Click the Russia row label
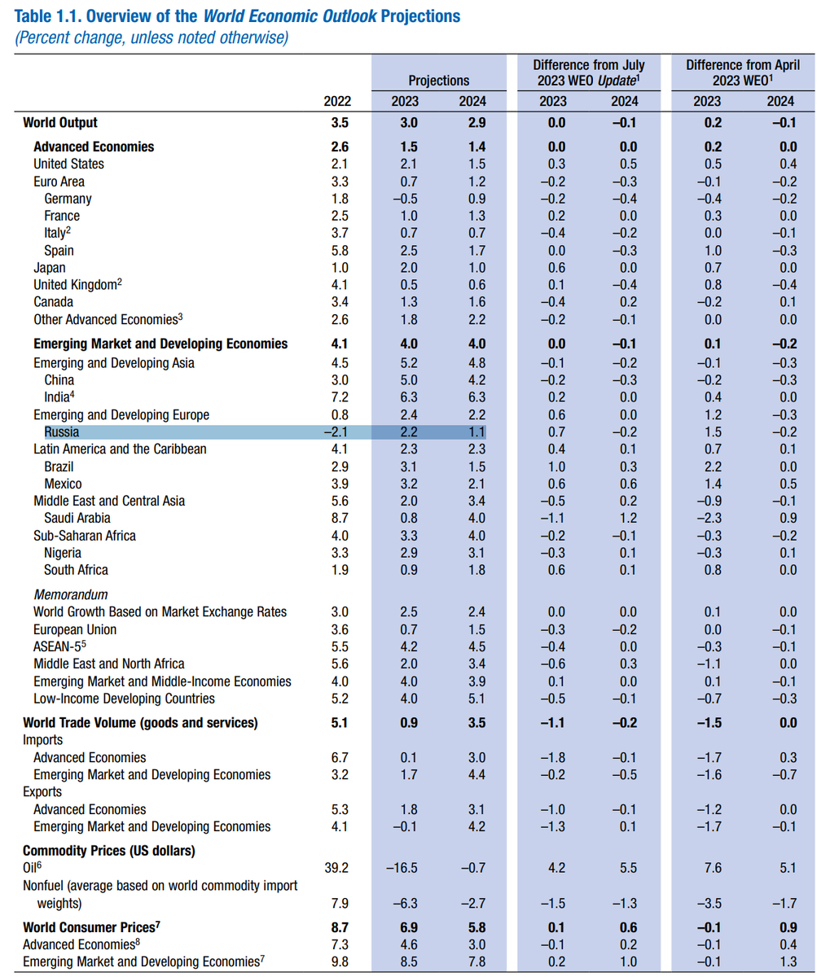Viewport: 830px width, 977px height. [x=62, y=432]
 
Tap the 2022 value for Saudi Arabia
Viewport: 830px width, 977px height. [x=339, y=518]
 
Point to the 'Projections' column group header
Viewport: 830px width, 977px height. [x=438, y=81]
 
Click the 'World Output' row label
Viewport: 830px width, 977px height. [x=60, y=123]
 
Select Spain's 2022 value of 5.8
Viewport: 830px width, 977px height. [x=339, y=250]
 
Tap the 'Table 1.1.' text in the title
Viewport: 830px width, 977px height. [x=50, y=16]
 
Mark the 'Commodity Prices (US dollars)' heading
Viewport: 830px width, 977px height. [x=109, y=851]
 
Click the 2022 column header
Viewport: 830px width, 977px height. [x=336, y=101]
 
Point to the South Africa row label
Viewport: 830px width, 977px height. [x=76, y=570]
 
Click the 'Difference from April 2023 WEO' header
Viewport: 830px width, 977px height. [x=742, y=72]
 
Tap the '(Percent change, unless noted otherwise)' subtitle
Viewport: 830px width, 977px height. [x=151, y=38]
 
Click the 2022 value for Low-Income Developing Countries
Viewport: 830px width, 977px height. [x=339, y=699]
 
